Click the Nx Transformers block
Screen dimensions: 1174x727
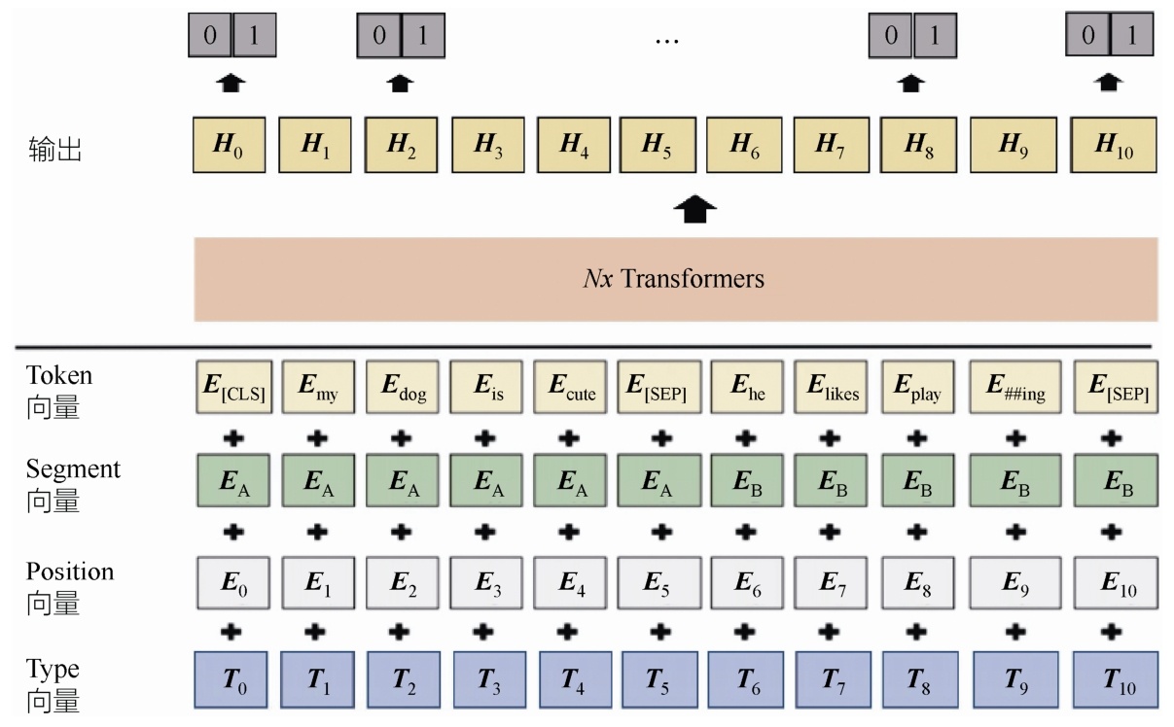(x=675, y=280)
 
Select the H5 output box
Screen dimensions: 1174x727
(x=657, y=146)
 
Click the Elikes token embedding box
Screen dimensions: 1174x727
(x=830, y=387)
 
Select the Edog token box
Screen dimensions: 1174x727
(x=401, y=387)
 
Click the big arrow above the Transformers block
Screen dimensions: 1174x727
(x=694, y=207)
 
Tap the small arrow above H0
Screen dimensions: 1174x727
(x=230, y=85)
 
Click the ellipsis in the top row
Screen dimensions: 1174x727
(x=666, y=40)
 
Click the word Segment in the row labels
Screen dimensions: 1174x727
(x=73, y=469)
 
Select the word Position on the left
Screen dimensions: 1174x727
(x=69, y=571)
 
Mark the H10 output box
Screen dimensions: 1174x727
(x=1114, y=146)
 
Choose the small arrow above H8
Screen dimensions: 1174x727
(x=910, y=85)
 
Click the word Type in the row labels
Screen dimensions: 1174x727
(x=53, y=670)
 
